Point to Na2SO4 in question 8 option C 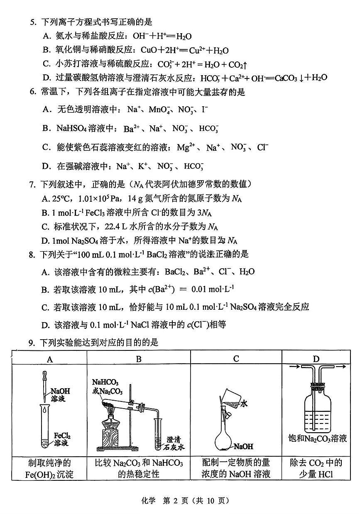coord(241,307)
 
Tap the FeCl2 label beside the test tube coord(61,440)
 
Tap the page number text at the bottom coord(180,501)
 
